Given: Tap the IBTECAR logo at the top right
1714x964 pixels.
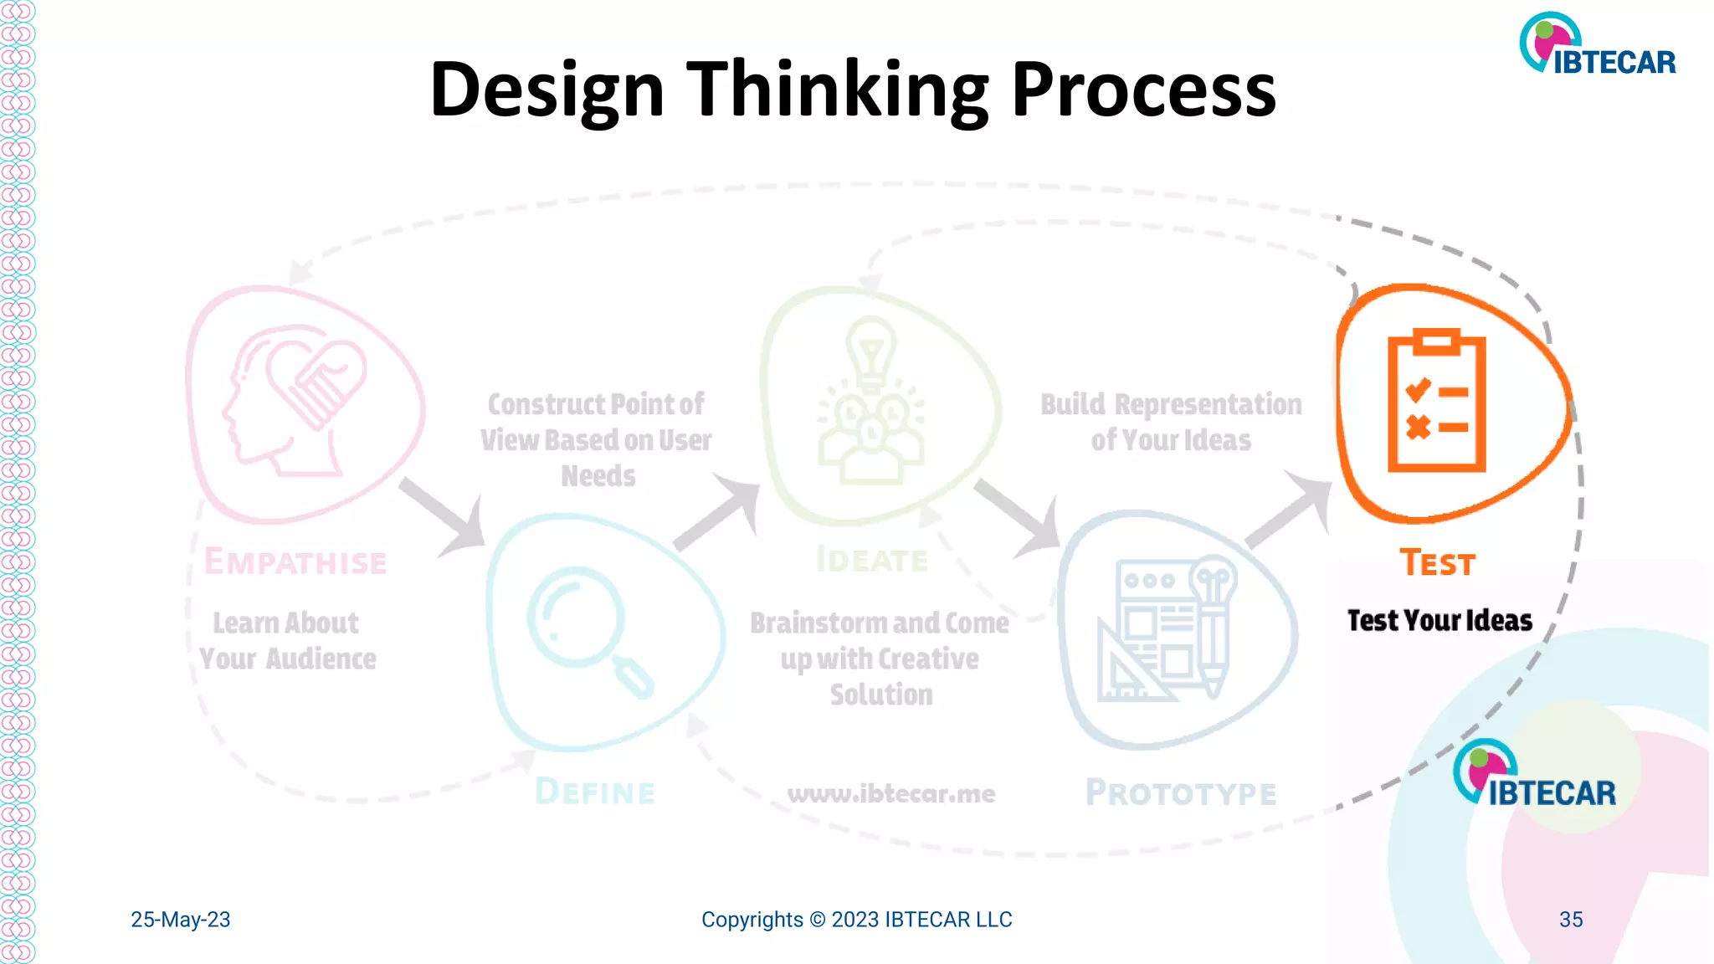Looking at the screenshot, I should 1597,45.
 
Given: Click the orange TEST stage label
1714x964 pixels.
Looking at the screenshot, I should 1437,562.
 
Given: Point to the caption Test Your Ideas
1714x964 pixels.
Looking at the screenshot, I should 1439,621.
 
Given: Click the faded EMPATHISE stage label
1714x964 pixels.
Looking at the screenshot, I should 295,561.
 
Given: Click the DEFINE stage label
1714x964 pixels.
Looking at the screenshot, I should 595,792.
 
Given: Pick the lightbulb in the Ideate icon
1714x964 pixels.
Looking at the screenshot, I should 871,351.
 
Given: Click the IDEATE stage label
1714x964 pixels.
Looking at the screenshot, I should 872,560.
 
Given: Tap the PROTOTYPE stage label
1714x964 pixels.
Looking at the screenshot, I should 1181,792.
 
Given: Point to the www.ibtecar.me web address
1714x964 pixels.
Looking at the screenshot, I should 891,793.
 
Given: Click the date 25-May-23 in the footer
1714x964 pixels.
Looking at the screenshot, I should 181,920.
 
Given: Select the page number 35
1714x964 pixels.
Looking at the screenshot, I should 1571,920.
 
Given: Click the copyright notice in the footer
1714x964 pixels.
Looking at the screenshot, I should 856,920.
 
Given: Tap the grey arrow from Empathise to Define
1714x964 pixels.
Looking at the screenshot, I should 444,517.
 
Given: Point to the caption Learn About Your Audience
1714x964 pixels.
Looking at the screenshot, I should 287,641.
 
